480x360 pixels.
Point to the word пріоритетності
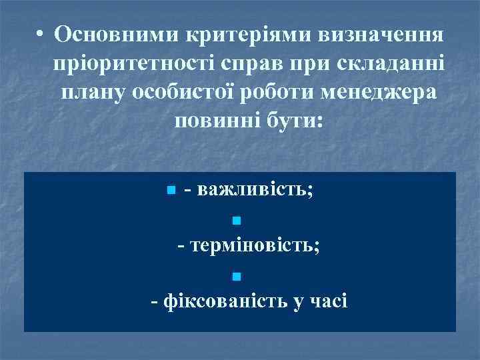tap(126, 64)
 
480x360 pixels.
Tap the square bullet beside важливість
tap(171, 191)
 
